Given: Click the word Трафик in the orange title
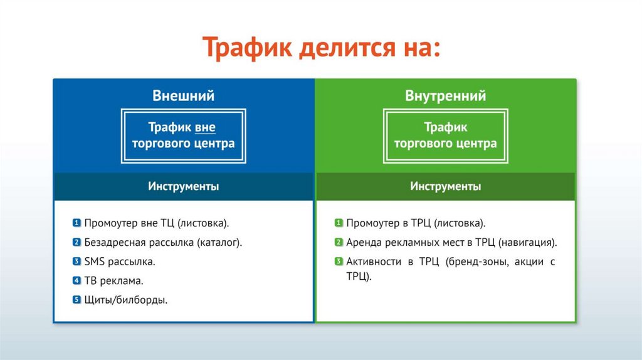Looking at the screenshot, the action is click(x=247, y=48).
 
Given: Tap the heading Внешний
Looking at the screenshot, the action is click(x=184, y=95).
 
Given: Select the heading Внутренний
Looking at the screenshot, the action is click(x=446, y=95).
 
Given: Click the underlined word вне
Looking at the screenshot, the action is click(x=205, y=127).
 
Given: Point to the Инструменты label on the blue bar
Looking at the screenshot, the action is click(x=184, y=186).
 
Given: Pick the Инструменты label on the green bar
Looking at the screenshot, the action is click(x=446, y=186).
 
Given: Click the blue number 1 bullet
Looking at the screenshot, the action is click(x=76, y=223).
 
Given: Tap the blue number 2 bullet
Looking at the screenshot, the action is click(x=76, y=242).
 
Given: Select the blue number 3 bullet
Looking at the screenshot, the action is click(x=76, y=262).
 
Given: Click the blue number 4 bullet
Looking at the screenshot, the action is click(x=76, y=280).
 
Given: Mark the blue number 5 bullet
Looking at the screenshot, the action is click(x=76, y=300).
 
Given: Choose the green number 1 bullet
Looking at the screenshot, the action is click(x=339, y=223).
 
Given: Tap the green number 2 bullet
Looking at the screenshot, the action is click(x=339, y=242).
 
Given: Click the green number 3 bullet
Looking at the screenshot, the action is click(x=339, y=262).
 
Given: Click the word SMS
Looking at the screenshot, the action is click(x=95, y=262).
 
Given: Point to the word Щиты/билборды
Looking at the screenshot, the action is click(x=125, y=300).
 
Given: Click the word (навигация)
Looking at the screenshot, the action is click(x=528, y=243).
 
